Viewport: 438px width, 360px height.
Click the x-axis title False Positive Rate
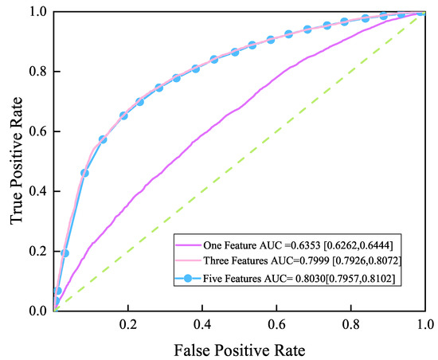[x=239, y=349]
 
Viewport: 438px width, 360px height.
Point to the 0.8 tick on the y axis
[x=36, y=72]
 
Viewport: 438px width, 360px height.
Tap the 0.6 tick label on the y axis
[x=36, y=131]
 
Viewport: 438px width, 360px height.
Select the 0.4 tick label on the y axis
[x=36, y=191]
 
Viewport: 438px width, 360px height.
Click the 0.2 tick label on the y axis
[x=36, y=251]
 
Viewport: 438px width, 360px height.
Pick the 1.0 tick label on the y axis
[x=36, y=13]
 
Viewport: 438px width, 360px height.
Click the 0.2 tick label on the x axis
[x=128, y=326]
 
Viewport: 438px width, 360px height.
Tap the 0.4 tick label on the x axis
[x=202, y=326]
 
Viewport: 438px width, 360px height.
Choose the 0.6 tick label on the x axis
[x=276, y=326]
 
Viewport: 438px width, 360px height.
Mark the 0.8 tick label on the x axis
[x=350, y=326]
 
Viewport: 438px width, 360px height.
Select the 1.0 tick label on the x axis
[x=424, y=326]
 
